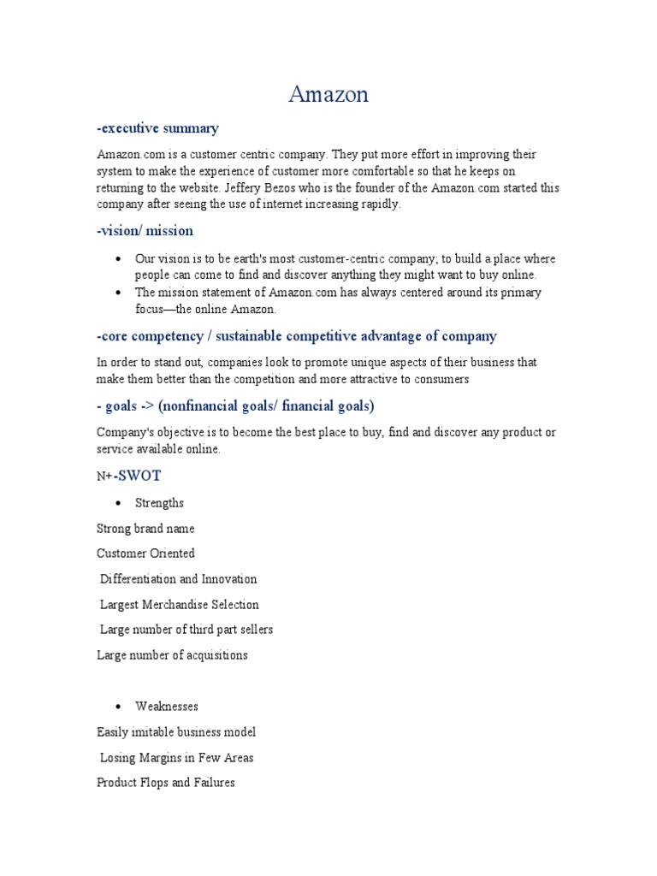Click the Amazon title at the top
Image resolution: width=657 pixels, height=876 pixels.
coord(328,94)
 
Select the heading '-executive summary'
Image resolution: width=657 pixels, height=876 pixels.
coord(158,128)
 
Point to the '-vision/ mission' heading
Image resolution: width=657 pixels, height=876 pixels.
coord(145,231)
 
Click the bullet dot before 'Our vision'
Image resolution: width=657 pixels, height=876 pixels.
coord(117,258)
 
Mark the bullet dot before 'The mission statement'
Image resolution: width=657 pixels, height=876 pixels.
coord(117,293)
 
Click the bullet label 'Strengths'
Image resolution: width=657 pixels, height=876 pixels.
coord(159,503)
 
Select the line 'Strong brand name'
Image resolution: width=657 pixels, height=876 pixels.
coord(145,529)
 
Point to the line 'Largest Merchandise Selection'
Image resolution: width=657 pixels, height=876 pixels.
coord(180,605)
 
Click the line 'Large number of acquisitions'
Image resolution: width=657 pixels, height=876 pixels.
coord(173,655)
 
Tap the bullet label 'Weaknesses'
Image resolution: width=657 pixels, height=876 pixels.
coord(167,707)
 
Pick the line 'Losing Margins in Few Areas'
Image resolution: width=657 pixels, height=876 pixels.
coord(177,757)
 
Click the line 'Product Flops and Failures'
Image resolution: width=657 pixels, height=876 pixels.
coord(166,783)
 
